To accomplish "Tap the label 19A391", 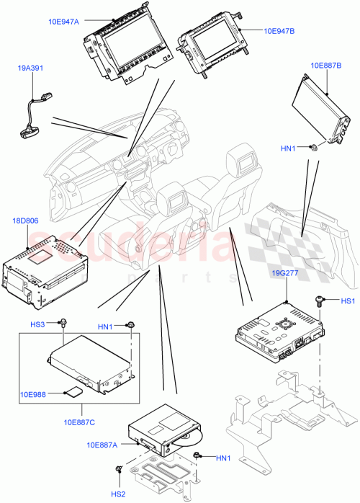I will (32, 68).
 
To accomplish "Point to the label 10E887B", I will (325, 65).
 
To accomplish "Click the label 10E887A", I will (102, 445).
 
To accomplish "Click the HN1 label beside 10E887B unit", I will (288, 148).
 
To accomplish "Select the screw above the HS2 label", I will (117, 471).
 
